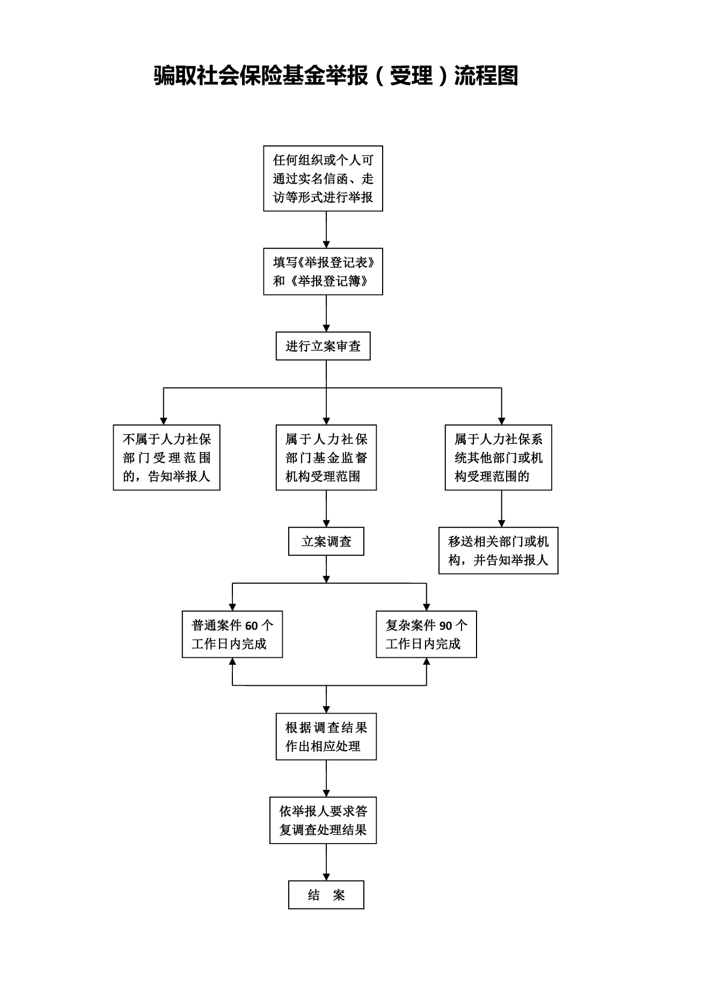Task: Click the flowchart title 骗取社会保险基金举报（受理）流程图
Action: point(336,76)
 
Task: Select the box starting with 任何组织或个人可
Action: point(323,178)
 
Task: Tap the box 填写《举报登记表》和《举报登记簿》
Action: point(323,272)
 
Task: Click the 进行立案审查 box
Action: point(323,346)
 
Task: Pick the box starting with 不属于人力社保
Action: point(166,458)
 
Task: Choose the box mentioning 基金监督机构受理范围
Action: point(326,458)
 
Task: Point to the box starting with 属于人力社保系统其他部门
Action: point(499,458)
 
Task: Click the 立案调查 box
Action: point(326,541)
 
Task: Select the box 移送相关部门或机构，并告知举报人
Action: point(499,551)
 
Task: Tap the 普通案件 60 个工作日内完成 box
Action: point(232,634)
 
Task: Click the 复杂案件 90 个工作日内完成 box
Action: point(427,634)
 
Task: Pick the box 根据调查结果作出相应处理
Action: point(326,737)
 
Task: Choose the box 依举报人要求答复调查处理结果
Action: point(323,820)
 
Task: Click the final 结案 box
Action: point(326,895)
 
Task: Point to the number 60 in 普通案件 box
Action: point(252,626)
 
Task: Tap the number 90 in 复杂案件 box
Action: point(446,626)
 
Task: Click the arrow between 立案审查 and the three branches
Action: point(326,392)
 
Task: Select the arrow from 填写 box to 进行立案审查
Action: point(326,313)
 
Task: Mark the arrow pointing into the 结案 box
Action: point(326,862)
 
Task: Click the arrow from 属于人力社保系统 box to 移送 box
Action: point(502,509)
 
